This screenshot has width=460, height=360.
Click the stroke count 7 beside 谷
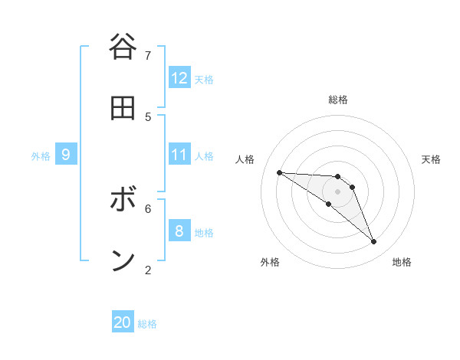click(148, 55)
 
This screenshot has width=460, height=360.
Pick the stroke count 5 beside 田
click(148, 116)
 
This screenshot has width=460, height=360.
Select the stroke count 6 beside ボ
click(148, 208)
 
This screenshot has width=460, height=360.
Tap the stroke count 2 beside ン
click(148, 269)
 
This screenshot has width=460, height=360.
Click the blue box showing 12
click(179, 78)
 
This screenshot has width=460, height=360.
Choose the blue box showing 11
click(179, 155)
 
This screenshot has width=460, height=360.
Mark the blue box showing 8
click(179, 231)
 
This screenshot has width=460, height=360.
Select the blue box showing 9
click(66, 155)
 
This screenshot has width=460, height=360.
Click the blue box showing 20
click(123, 322)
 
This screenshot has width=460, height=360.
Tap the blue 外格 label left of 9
click(41, 156)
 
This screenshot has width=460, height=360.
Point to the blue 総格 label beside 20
click(147, 324)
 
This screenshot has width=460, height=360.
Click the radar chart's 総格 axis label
click(338, 100)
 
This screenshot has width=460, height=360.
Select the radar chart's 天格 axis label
click(431, 159)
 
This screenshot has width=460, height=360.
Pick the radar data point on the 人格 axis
click(279, 172)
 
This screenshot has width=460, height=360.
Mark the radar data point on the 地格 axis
click(374, 242)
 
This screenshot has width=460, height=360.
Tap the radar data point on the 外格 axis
click(328, 204)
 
